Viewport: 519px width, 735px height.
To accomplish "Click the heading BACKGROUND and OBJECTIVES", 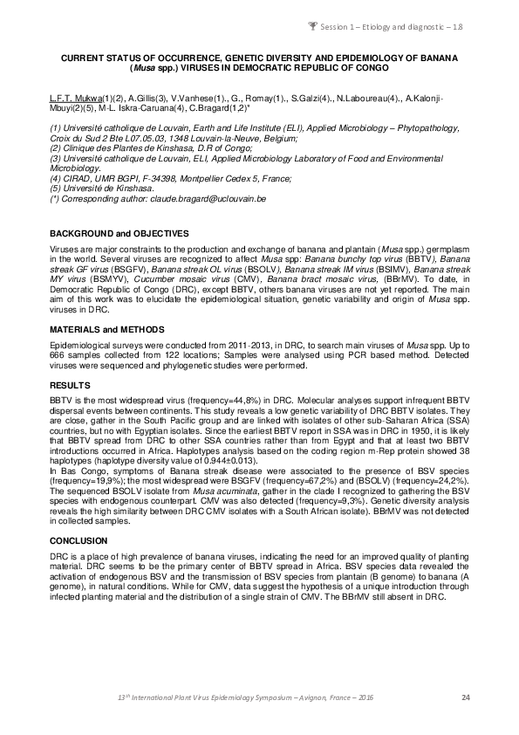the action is pyautogui.click(x=120, y=234).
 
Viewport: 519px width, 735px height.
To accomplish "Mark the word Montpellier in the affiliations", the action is pyautogui.click(x=204, y=178).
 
